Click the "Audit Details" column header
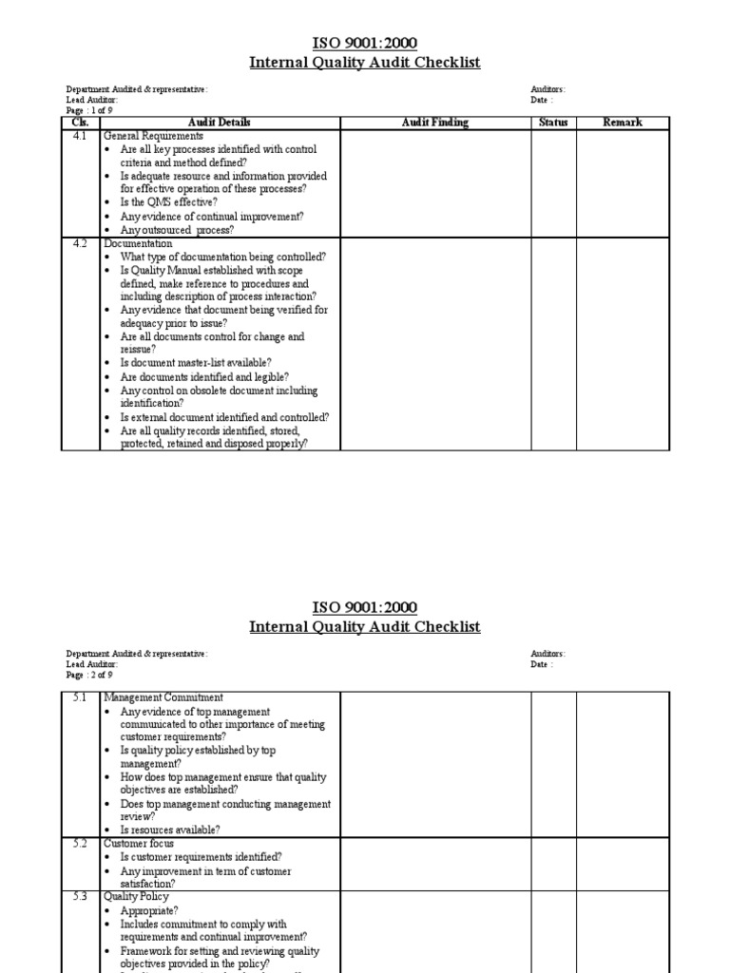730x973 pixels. [220, 123]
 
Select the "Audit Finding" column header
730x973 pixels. [435, 123]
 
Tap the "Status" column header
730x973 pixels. [553, 123]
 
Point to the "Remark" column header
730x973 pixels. [623, 123]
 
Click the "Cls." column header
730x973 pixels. [80, 123]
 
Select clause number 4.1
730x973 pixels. [80, 136]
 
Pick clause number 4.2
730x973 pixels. [80, 243]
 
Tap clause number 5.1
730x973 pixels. [80, 698]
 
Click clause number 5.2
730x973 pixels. [80, 844]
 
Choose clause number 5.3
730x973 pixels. [80, 897]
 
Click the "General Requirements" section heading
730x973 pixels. [153, 136]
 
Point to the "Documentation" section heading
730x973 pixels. [138, 243]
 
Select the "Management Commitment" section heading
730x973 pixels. [163, 698]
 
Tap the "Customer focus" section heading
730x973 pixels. [139, 844]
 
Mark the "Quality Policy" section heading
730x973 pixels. [136, 897]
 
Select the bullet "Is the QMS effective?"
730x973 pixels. [168, 202]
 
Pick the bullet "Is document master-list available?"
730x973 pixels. [196, 363]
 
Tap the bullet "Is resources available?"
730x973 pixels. [170, 830]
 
